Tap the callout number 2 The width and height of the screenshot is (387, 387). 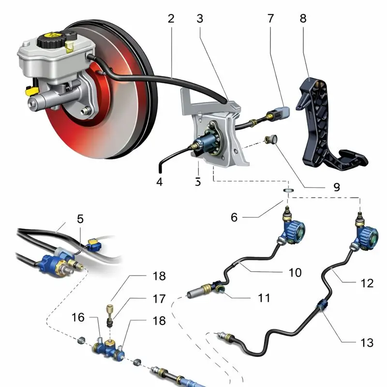pyautogui.click(x=171, y=19)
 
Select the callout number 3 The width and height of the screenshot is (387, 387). pyautogui.click(x=200, y=19)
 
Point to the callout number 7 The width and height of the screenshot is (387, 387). pyautogui.click(x=270, y=19)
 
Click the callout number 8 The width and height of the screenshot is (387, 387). pyautogui.click(x=303, y=19)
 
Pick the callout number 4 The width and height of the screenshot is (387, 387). pyautogui.click(x=160, y=182)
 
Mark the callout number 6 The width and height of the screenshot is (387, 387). pyautogui.click(x=234, y=218)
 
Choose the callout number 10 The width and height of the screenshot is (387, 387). pyautogui.click(x=295, y=272)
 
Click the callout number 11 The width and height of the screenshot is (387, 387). pyautogui.click(x=264, y=298)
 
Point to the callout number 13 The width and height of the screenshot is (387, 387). pyautogui.click(x=367, y=342)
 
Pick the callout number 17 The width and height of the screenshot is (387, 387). pyautogui.click(x=159, y=299)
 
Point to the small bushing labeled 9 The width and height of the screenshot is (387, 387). pyautogui.click(x=271, y=140)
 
